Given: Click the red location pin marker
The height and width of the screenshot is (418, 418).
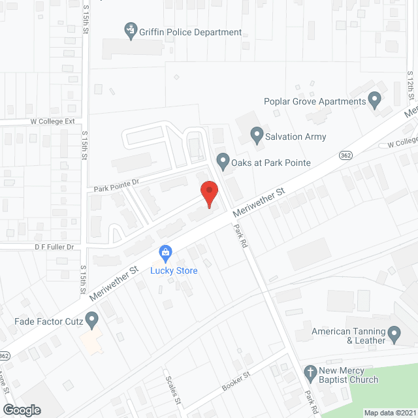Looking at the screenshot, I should click(209, 194).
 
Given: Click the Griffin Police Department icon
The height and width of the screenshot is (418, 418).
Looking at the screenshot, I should click(131, 29).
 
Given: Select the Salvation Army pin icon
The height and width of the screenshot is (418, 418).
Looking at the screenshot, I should click(257, 137).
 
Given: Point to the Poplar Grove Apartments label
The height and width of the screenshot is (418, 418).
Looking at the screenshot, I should click(314, 101).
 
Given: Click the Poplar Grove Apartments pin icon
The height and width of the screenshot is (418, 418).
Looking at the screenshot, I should click(374, 101).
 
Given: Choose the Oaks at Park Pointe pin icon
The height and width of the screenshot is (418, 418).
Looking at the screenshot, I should click(223, 161).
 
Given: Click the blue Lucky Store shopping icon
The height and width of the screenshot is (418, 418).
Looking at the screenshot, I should click(166, 252).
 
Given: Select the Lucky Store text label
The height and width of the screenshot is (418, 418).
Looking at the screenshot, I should click(174, 270).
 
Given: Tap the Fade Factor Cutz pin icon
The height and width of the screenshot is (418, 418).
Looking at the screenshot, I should click(92, 321).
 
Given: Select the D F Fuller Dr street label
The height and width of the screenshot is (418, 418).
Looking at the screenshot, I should click(55, 247).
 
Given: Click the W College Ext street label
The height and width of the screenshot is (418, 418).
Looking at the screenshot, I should click(52, 121).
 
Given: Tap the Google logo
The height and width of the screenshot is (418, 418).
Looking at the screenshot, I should click(22, 410).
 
